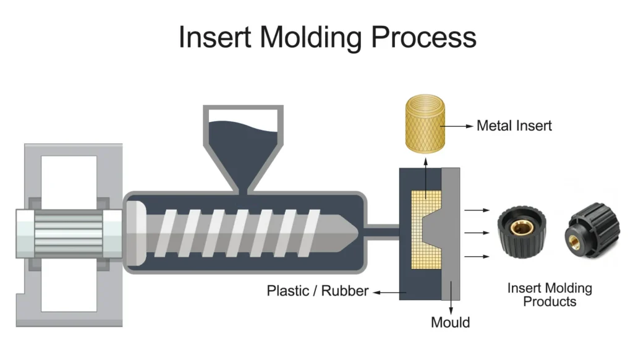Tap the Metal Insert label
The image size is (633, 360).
pyautogui.click(x=514, y=126)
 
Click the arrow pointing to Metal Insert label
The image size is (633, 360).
pyautogui.click(x=460, y=126)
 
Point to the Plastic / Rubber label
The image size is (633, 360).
pyautogui.click(x=317, y=290)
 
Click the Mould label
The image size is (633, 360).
pyautogui.click(x=450, y=322)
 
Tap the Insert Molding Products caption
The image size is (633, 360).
pyautogui.click(x=549, y=295)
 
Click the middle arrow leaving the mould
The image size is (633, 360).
pyautogui.click(x=474, y=233)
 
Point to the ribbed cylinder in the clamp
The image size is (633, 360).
pyautogui.click(x=68, y=233)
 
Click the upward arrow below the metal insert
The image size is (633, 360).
pyautogui.click(x=426, y=174)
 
